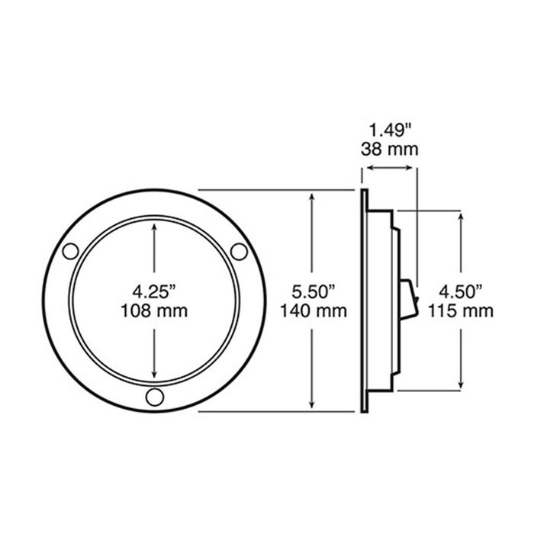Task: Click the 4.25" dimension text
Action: [154, 292]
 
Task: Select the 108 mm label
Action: [154, 311]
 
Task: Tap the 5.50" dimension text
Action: [314, 292]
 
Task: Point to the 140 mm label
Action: [314, 311]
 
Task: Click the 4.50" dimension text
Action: [461, 292]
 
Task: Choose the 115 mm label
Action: [461, 311]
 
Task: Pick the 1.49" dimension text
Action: [391, 130]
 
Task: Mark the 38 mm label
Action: [390, 150]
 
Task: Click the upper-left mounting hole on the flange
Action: [70, 251]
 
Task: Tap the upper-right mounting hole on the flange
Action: [239, 251]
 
